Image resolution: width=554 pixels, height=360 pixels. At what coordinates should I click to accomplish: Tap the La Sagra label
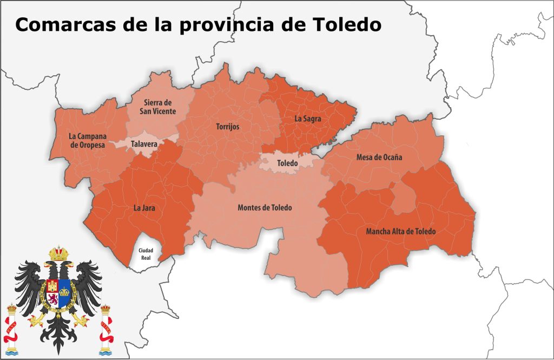click(308, 117)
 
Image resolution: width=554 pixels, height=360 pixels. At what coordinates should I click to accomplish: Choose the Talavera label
click(144, 144)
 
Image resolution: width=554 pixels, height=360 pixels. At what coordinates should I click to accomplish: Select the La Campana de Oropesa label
click(87, 140)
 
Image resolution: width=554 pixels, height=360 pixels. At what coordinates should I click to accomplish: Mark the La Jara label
click(144, 206)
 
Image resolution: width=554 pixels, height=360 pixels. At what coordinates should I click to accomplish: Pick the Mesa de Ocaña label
click(379, 158)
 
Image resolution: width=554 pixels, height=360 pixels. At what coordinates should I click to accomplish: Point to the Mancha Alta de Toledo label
click(401, 231)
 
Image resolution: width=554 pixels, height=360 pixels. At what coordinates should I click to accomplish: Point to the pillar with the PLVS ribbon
click(11, 328)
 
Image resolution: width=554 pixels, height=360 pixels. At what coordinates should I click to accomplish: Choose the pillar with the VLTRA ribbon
click(105, 328)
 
